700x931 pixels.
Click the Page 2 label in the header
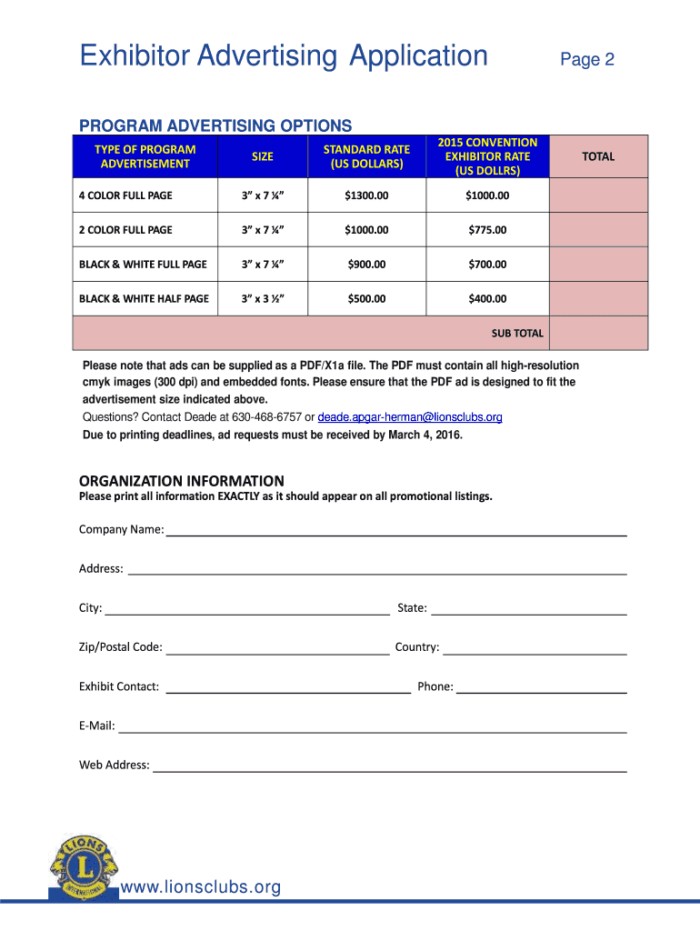[x=587, y=60]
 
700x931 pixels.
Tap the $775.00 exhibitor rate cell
[x=487, y=230]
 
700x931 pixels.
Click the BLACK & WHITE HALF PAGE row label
[x=144, y=299]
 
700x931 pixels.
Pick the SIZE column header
[x=262, y=156]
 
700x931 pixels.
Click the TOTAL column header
[x=597, y=156]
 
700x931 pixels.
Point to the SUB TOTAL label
[x=517, y=334]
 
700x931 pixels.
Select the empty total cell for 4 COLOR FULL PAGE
[x=597, y=195]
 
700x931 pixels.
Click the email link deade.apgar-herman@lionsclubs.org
[x=409, y=417]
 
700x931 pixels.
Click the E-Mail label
[x=96, y=726]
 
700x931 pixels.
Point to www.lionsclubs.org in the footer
[x=201, y=887]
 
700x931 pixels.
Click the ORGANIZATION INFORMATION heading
[x=181, y=481]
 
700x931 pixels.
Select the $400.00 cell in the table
[x=487, y=299]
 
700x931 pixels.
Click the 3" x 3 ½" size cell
[x=262, y=299]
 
